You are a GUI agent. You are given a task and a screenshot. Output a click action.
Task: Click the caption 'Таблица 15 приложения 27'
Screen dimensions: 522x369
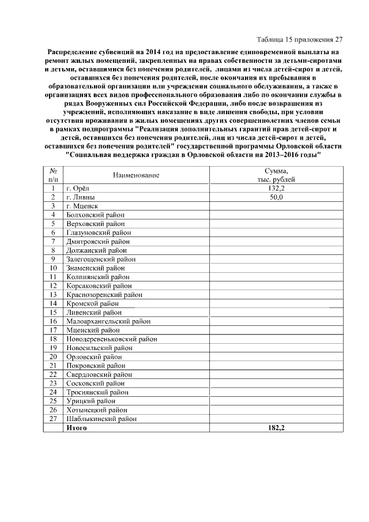tap(299, 40)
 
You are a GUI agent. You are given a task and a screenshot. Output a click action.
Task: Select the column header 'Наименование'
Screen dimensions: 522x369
tap(136, 174)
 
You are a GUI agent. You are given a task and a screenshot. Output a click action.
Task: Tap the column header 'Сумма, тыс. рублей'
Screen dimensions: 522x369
tap(276, 174)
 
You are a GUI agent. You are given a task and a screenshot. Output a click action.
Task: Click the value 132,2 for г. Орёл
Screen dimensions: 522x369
tap(276, 188)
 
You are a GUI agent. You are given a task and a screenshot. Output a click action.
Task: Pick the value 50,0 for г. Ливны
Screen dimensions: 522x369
tap(276, 197)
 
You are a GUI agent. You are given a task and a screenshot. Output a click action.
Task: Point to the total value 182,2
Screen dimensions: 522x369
tap(276, 427)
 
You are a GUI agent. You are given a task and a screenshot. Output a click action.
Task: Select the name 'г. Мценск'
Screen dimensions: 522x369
tap(83, 206)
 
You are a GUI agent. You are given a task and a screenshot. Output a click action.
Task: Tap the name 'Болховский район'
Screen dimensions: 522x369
tap(95, 215)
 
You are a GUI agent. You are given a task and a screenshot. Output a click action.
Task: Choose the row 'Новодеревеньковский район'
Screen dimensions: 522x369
tap(112, 339)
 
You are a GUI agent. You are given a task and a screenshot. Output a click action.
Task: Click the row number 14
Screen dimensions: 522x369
tap(53, 303)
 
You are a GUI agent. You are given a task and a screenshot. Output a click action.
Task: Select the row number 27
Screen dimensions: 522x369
tap(53, 419)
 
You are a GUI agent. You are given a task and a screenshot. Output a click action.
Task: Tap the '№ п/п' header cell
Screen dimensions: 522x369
tap(53, 174)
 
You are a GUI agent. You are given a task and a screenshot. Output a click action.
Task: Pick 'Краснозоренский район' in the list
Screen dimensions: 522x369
tap(104, 295)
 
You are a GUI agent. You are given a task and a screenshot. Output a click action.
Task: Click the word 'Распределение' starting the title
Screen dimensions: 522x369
tap(76, 51)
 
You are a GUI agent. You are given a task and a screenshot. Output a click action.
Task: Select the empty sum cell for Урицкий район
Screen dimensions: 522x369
tap(276, 401)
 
